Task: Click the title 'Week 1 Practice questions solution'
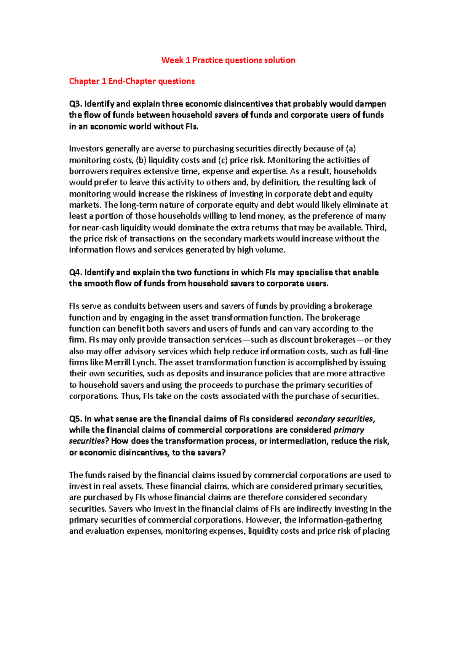(x=228, y=60)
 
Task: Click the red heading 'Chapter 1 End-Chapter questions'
(x=132, y=81)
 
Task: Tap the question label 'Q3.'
(x=75, y=104)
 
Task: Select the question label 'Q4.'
(x=75, y=272)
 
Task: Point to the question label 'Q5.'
(x=75, y=419)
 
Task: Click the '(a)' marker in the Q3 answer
(x=350, y=149)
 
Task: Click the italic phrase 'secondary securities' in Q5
(x=334, y=419)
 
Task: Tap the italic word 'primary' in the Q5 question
(x=349, y=430)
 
